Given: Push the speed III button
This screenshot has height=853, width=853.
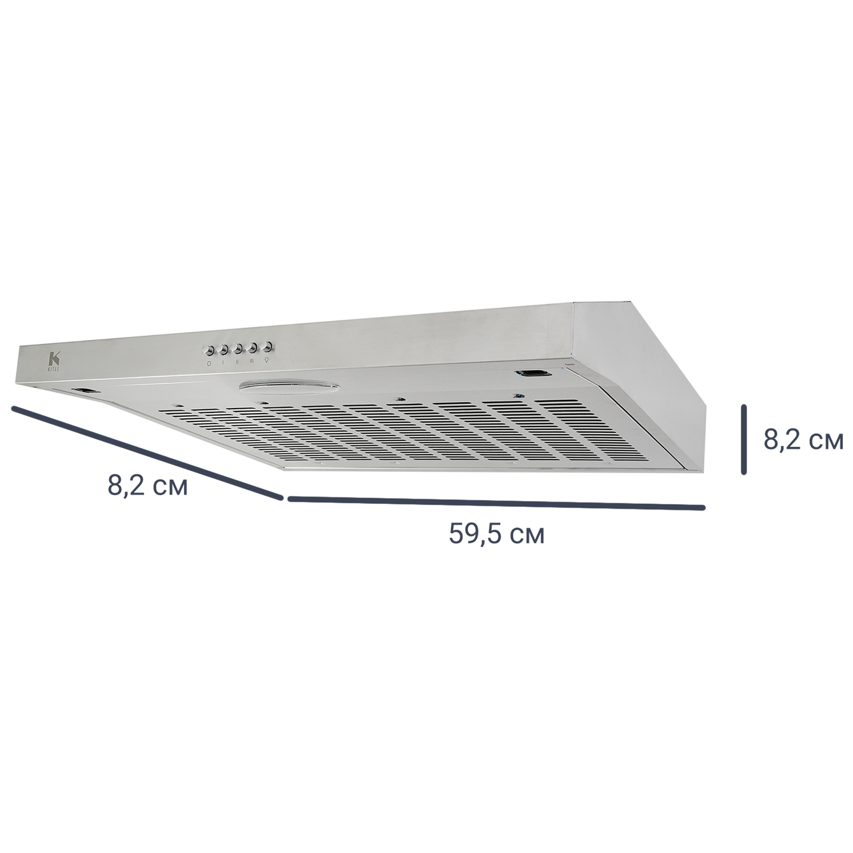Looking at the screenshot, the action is (x=252, y=348).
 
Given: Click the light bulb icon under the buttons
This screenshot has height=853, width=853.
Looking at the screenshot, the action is (x=266, y=360).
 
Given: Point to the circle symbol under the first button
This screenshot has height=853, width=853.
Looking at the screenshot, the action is (x=209, y=363).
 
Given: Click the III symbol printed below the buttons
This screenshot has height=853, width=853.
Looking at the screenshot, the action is (x=251, y=362).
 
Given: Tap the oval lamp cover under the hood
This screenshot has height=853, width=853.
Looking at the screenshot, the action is (x=290, y=387).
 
